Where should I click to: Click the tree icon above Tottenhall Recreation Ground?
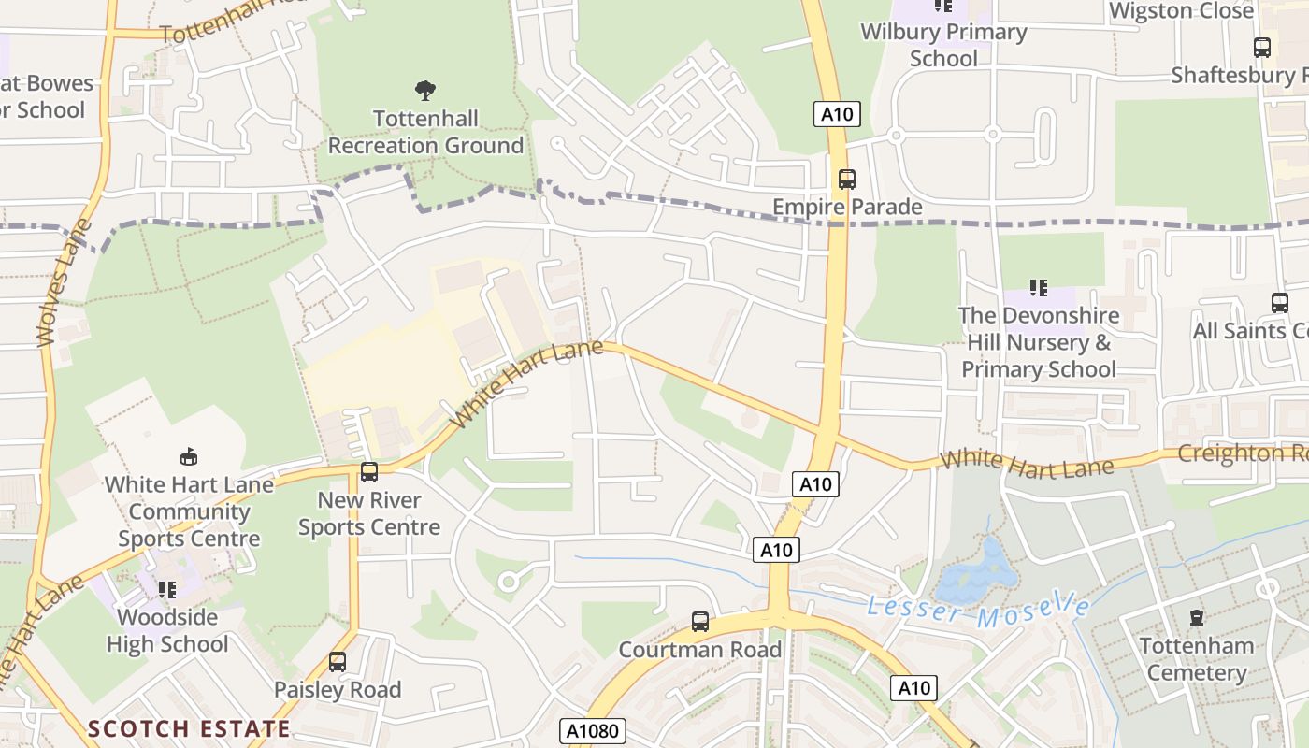point(425,91)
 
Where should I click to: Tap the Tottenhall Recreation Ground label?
point(425,132)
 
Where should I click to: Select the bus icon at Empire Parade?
point(847,179)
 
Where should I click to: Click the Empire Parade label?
point(847,207)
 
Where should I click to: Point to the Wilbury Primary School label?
point(943,45)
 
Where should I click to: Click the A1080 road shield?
point(594,730)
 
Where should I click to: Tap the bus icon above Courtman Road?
point(700,621)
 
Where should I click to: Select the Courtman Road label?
point(700,649)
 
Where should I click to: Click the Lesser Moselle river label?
point(978,611)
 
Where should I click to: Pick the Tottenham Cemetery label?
point(1197,659)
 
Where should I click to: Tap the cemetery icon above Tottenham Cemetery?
point(1197,618)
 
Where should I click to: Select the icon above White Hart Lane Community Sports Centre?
point(189,456)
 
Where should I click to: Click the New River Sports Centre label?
point(369,513)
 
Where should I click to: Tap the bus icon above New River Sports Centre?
point(369,472)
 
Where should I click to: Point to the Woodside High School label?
point(167,630)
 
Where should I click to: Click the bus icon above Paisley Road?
point(338,662)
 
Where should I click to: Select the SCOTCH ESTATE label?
point(189,728)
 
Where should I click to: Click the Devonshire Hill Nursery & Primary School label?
point(1039,342)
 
